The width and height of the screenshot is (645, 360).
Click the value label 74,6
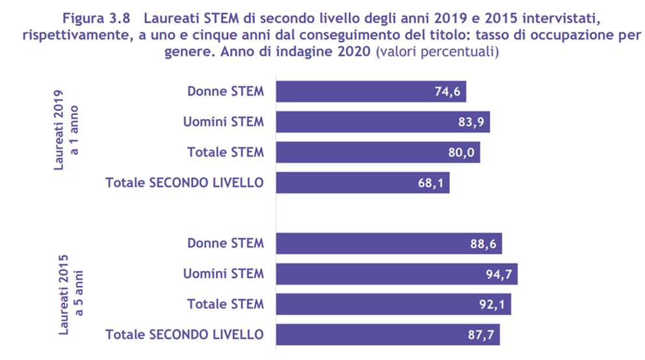click(447, 92)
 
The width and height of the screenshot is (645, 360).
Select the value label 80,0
click(462, 153)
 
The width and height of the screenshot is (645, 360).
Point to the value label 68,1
click(430, 183)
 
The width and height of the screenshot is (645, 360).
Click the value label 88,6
click(483, 244)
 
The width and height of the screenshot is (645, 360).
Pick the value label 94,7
click(499, 274)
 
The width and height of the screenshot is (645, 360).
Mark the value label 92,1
click(492, 304)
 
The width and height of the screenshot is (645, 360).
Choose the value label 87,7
click(481, 335)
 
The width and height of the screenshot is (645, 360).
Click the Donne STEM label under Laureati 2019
click(226, 92)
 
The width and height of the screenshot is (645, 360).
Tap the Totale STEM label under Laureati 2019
click(226, 153)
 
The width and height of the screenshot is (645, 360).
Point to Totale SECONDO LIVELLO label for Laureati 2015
click(185, 335)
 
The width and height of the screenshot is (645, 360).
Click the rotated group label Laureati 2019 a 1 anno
click(67, 130)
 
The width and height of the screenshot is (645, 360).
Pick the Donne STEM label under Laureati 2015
click(226, 244)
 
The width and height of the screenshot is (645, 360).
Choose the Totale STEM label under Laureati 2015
click(226, 304)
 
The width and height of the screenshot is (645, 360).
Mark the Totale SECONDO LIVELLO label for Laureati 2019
click(185, 183)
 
